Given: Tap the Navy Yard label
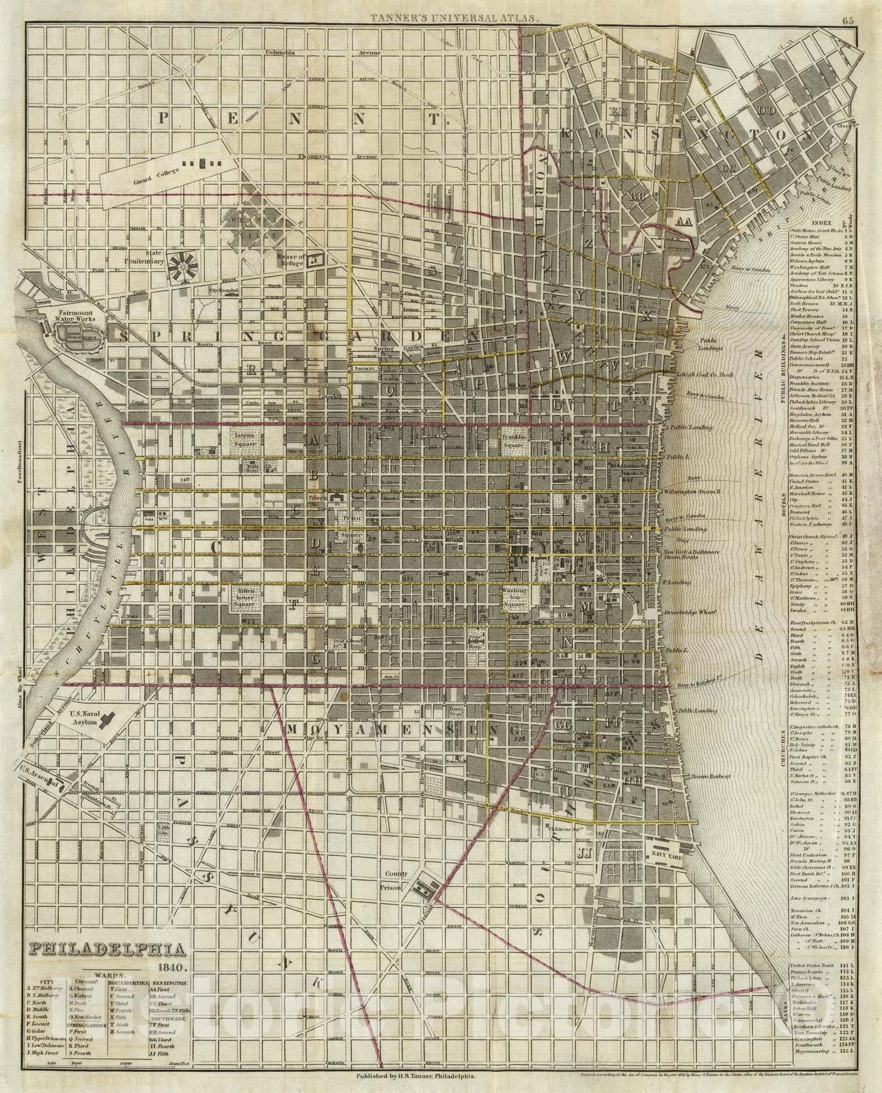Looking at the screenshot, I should coord(667,844).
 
